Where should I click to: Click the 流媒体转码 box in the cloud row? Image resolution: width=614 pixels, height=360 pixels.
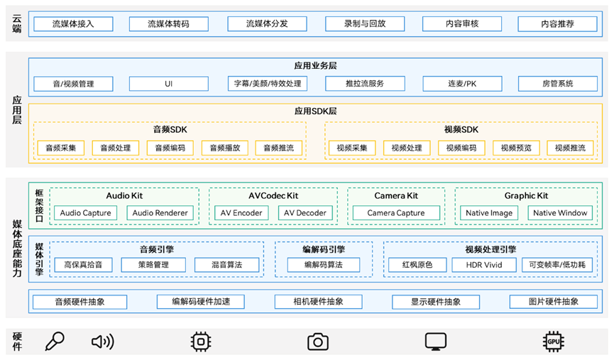(x=169, y=24)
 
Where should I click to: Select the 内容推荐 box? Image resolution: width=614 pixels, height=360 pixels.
(x=557, y=24)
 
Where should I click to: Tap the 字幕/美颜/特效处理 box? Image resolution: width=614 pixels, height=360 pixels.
(x=267, y=84)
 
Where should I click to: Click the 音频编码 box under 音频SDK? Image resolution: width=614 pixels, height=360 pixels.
(x=170, y=148)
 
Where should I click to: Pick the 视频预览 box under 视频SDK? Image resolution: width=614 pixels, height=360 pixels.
(x=516, y=148)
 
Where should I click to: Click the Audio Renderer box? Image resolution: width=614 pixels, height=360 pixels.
(x=160, y=213)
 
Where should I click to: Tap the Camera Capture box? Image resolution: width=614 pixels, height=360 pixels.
(x=396, y=213)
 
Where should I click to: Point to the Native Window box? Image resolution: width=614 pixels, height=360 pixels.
(x=560, y=213)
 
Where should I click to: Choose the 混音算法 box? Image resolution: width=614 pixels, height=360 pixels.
(x=226, y=265)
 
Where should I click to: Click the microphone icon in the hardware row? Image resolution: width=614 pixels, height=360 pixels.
(x=55, y=342)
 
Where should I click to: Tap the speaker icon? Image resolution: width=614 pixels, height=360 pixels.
(x=102, y=342)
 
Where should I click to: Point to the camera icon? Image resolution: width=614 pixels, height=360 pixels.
(x=317, y=342)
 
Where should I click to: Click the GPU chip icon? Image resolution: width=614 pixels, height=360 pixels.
(x=553, y=342)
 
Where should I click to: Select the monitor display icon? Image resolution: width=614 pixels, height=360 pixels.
(x=436, y=342)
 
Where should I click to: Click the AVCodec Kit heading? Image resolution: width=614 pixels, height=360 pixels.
(x=273, y=195)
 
